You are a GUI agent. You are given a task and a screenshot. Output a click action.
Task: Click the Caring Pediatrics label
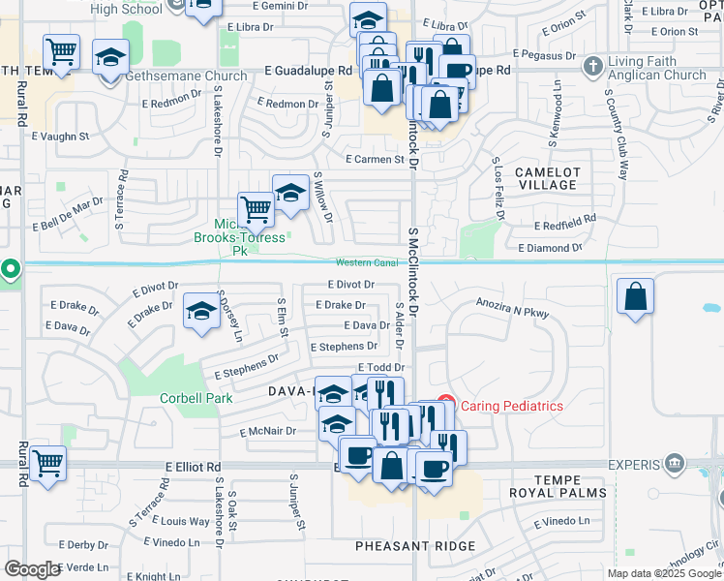(512, 406)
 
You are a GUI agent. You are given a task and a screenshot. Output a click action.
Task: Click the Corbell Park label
(196, 398)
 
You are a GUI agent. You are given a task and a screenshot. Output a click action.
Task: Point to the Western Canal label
(367, 263)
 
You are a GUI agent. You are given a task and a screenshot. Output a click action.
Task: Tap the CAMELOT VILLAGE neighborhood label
(548, 178)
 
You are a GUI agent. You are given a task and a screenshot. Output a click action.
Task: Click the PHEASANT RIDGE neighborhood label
(415, 546)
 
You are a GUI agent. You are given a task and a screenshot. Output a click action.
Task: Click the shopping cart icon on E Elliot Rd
(47, 461)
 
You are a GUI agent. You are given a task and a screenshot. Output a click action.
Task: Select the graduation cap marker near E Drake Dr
(201, 311)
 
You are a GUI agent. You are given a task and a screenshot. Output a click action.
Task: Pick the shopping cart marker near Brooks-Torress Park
(256, 207)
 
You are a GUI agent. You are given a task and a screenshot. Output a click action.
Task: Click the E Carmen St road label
(375, 160)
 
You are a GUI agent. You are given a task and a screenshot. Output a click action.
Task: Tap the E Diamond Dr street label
(550, 248)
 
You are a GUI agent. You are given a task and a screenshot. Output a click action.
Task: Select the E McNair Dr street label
(255, 432)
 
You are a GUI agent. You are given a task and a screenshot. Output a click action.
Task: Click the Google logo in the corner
(32, 569)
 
